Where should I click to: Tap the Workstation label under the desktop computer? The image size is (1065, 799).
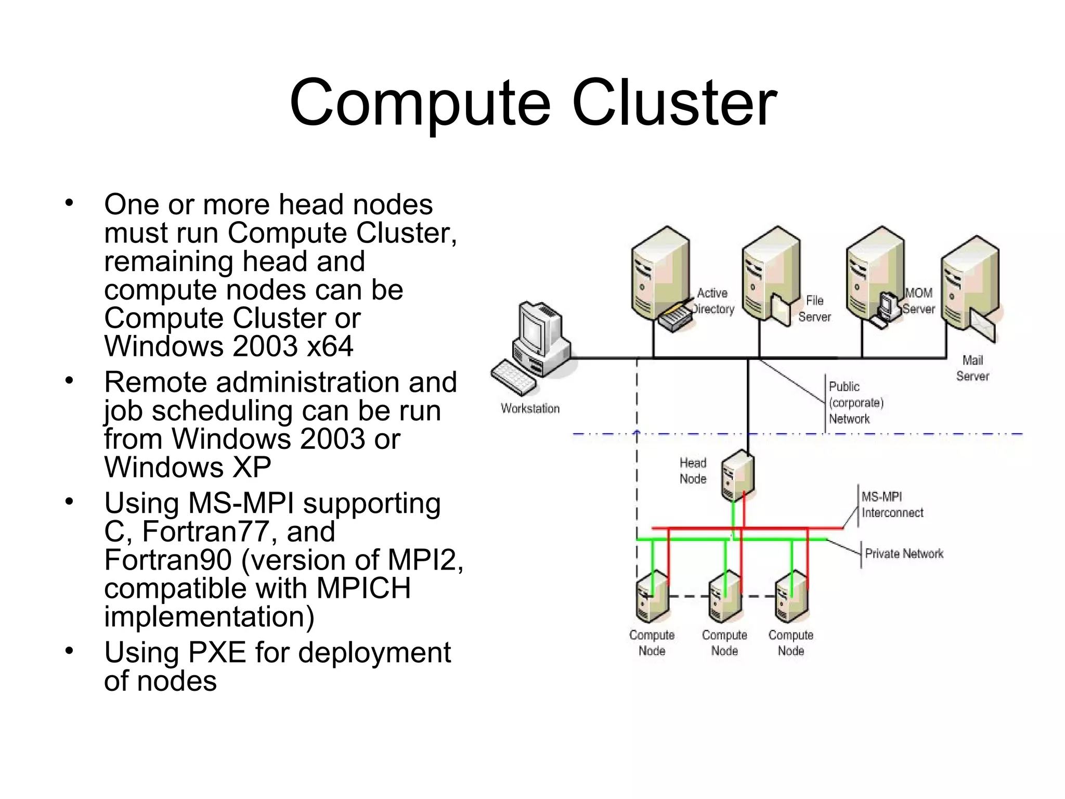tap(530, 409)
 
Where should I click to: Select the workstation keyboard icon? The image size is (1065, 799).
tap(514, 377)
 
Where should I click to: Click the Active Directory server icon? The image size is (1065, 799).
tap(659, 276)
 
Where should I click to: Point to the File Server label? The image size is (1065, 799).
tap(814, 308)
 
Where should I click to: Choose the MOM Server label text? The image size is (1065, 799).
tap(918, 301)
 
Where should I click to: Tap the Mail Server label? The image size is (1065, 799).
tap(972, 368)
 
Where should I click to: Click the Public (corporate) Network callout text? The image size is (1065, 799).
tap(856, 403)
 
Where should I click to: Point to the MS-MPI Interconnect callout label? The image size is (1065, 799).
tap(892, 505)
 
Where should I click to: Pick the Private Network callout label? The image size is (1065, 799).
tap(904, 553)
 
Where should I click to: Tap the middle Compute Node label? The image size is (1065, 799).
tap(724, 643)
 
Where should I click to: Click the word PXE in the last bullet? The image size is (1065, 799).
tap(217, 652)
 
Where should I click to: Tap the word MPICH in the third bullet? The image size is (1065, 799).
tap(363, 588)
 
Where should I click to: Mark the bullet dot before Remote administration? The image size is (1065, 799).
tap(70, 381)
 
